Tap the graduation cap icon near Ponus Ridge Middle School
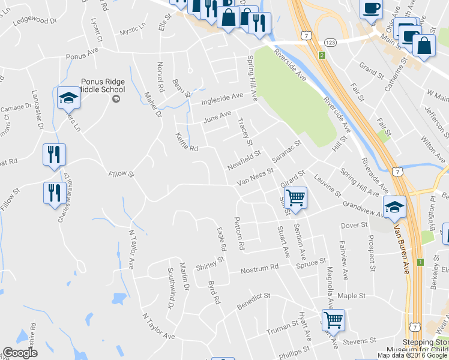pos(68,98)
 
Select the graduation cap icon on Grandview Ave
pos(394,207)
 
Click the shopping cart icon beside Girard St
pos(295,197)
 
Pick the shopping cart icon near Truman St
pos(333,319)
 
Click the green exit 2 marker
pos(322,56)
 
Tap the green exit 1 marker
pos(421,263)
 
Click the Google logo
pos(20,353)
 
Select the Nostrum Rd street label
pos(260,268)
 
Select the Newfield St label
pos(244,160)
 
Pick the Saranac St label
pos(286,152)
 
